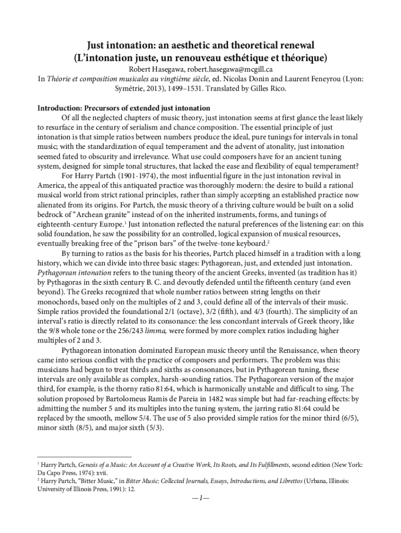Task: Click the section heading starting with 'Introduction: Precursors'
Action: click(x=123, y=108)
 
